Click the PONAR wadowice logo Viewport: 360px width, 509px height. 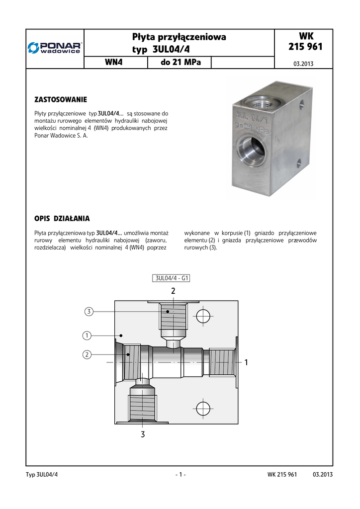point(55,47)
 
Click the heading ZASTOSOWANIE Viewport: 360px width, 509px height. point(60,100)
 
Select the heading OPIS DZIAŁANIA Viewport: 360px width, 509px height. point(62,218)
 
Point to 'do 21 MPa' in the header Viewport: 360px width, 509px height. point(180,63)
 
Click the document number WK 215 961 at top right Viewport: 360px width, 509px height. point(305,42)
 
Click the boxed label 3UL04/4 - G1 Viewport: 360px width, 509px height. point(172,278)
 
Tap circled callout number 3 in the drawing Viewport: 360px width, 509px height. point(89,312)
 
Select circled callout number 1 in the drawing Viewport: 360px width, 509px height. point(87,336)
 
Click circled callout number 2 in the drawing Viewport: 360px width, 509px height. point(87,354)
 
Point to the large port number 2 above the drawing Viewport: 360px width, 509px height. point(173,291)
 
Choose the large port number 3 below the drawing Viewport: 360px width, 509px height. point(143,434)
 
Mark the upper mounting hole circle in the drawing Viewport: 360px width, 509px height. point(203,316)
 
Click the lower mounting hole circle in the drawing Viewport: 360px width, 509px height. point(203,408)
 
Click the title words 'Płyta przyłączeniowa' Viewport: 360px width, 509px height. point(179,37)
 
